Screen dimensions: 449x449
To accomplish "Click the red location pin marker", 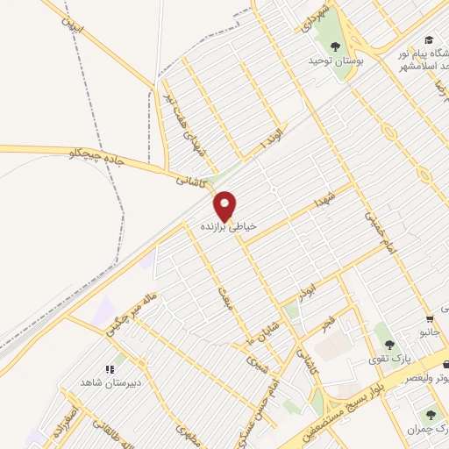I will pos(226,206).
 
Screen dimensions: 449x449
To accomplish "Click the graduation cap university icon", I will pos(428,39).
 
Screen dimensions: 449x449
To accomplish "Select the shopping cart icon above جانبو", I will pos(429,319).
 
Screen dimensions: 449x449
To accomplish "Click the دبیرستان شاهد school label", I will pos(111,384).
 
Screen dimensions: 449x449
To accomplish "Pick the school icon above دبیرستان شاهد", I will pos(110,369).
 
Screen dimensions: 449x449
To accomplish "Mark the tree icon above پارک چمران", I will pos(429,415).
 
